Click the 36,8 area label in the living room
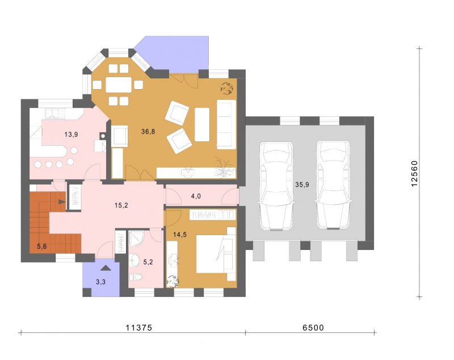pyautogui.click(x=148, y=132)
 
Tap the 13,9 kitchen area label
pyautogui.click(x=71, y=135)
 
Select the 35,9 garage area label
pyautogui.click(x=302, y=185)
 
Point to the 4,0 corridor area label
pyautogui.click(x=196, y=196)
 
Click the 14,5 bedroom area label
pyautogui.click(x=180, y=235)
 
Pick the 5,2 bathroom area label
pyautogui.click(x=148, y=262)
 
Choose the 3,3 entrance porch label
pyautogui.click(x=101, y=282)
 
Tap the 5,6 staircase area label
pyautogui.click(x=41, y=246)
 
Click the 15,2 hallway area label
pyautogui.click(x=121, y=206)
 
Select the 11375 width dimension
pyautogui.click(x=138, y=328)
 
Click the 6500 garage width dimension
pyautogui.click(x=313, y=328)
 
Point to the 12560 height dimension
pyautogui.click(x=414, y=174)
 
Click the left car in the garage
pyautogui.click(x=276, y=186)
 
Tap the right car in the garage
pyautogui.click(x=333, y=185)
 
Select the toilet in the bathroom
pyautogui.click(x=136, y=277)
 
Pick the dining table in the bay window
pyautogui.click(x=119, y=85)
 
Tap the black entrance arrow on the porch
pyautogui.click(x=106, y=268)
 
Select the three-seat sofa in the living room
pyautogui.click(x=226, y=124)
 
